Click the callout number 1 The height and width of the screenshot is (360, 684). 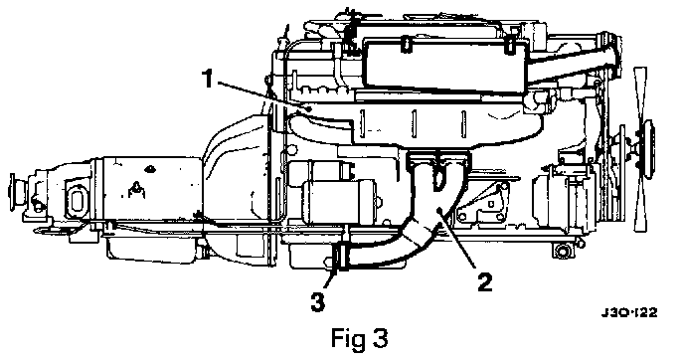click(x=207, y=79)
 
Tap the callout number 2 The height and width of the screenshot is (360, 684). click(x=484, y=281)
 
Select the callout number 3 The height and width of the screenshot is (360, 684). click(x=318, y=302)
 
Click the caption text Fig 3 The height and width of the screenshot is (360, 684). click(x=359, y=338)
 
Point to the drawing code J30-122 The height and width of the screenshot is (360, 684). click(x=628, y=312)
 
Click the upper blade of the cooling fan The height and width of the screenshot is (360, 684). click(x=641, y=94)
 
